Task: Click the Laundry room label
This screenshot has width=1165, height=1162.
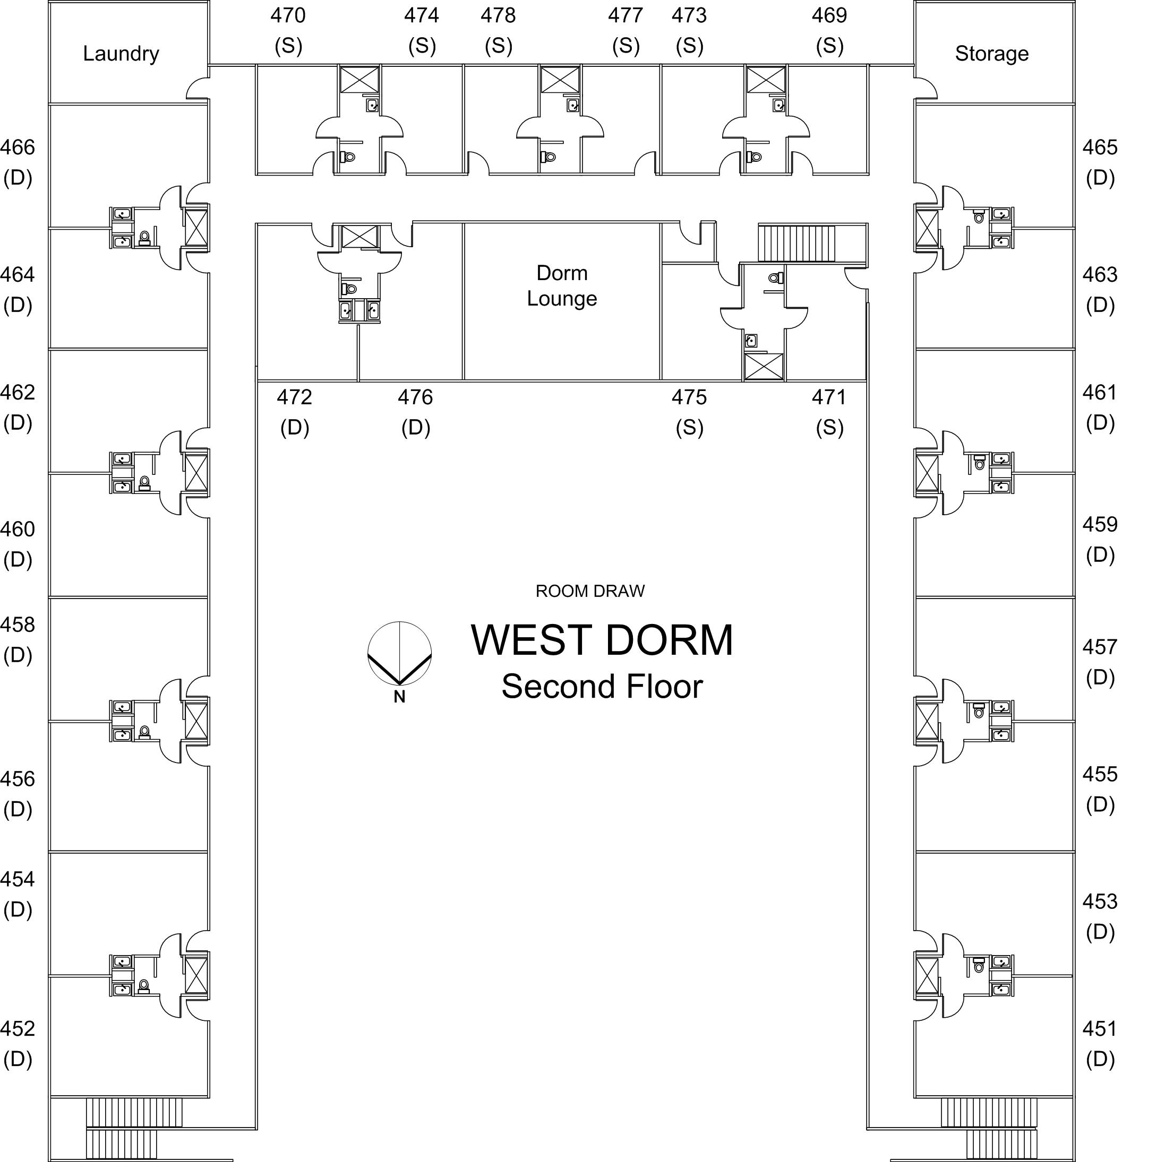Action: (x=121, y=54)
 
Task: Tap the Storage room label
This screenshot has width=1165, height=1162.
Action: (x=991, y=54)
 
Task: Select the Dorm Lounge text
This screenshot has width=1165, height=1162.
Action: (x=561, y=285)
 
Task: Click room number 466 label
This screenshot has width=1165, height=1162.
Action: (x=18, y=148)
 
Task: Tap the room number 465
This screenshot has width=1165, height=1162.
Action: (x=1099, y=148)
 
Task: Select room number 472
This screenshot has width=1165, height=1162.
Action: (x=294, y=398)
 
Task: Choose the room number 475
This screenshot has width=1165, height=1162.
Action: (x=689, y=398)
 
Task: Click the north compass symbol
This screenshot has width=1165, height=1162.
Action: (x=399, y=653)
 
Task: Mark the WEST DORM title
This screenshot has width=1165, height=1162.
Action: (x=602, y=640)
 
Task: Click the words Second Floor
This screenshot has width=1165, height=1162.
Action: (x=602, y=687)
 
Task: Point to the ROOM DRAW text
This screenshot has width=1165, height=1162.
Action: (x=590, y=591)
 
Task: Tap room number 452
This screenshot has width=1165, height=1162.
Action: (x=18, y=1029)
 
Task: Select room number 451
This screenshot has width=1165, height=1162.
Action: (x=1099, y=1029)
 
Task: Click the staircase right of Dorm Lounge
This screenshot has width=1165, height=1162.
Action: (x=796, y=243)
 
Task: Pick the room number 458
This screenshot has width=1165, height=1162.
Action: (x=18, y=625)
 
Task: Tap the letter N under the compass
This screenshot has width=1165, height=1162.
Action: (x=399, y=697)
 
